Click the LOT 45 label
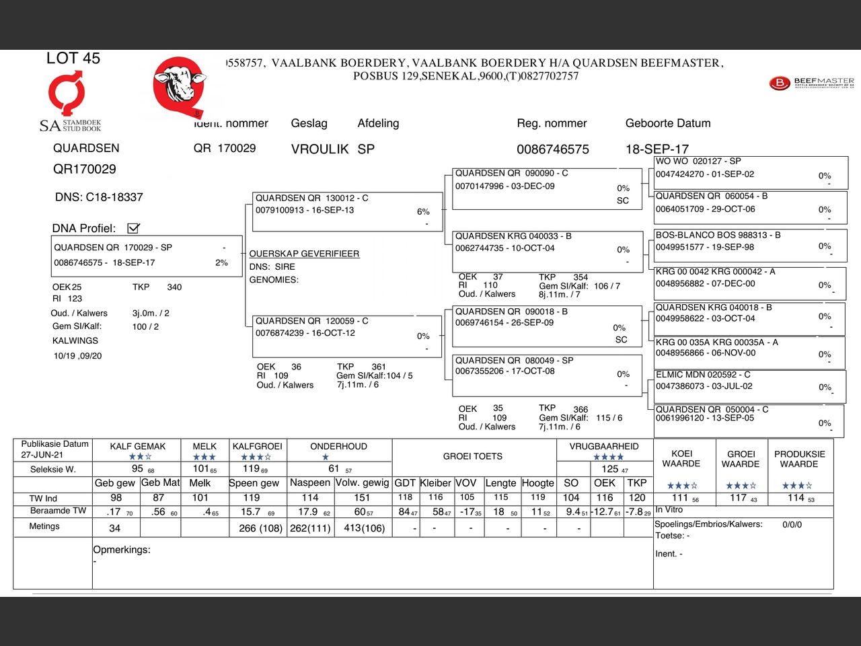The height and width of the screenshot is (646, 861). [x=73, y=59]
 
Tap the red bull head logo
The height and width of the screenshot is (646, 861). [x=178, y=85]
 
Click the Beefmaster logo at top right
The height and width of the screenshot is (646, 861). [x=811, y=83]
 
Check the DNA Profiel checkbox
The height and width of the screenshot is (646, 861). [x=133, y=228]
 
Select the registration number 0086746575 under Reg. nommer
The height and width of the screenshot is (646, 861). [x=552, y=149]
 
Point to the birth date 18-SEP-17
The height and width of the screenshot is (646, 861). [x=657, y=149]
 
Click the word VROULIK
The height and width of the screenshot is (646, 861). [x=320, y=149]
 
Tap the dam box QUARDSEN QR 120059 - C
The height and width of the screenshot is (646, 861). [x=347, y=335]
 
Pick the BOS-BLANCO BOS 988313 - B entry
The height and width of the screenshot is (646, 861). [x=751, y=246]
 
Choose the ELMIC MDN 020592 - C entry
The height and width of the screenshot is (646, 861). [x=751, y=386]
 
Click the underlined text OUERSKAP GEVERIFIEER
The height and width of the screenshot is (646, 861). [x=304, y=254]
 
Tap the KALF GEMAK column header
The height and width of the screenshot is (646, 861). [x=138, y=446]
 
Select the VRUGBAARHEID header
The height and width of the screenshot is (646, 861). [x=604, y=446]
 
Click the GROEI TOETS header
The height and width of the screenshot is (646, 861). [x=473, y=456]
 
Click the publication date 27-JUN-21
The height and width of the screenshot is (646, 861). [x=42, y=455]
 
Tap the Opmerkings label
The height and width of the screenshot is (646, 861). [x=122, y=550]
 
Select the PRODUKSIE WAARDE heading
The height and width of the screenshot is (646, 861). [x=799, y=459]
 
